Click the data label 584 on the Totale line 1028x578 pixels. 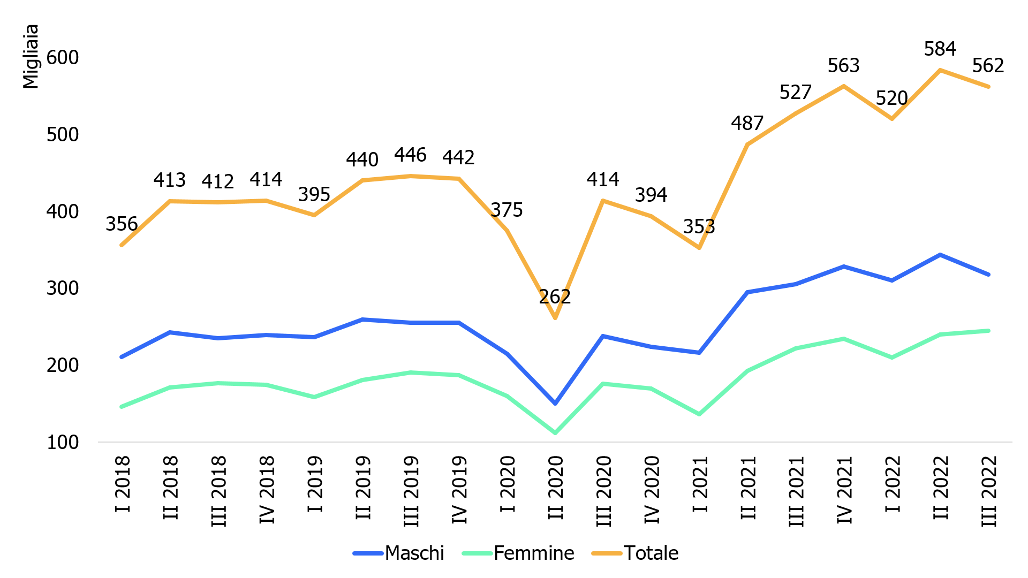pyautogui.click(x=940, y=49)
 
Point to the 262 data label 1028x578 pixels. pyautogui.click(x=555, y=296)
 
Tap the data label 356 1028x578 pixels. pyautogui.click(x=122, y=224)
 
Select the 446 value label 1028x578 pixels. pyautogui.click(x=410, y=155)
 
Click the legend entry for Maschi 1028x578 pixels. pyautogui.click(x=414, y=553)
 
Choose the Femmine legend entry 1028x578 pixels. pyautogui.click(x=533, y=553)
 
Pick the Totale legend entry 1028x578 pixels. pyautogui.click(x=651, y=553)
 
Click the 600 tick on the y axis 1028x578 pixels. pyautogui.click(x=63, y=57)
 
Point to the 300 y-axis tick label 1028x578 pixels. pyautogui.click(x=63, y=288)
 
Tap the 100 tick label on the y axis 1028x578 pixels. pyautogui.click(x=63, y=443)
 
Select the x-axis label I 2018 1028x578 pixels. pyautogui.click(x=123, y=484)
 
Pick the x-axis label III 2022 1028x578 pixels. pyautogui.click(x=989, y=491)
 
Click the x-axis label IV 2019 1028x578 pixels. pyautogui.click(x=459, y=489)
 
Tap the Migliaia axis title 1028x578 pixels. pyautogui.click(x=31, y=56)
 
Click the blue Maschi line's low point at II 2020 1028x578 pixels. pyautogui.click(x=555, y=403)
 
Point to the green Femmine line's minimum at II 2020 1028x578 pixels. pyautogui.click(x=555, y=432)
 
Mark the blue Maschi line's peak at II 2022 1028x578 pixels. pyautogui.click(x=940, y=255)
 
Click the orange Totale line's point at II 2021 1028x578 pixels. pyautogui.click(x=747, y=144)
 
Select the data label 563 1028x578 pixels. pyautogui.click(x=843, y=66)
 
